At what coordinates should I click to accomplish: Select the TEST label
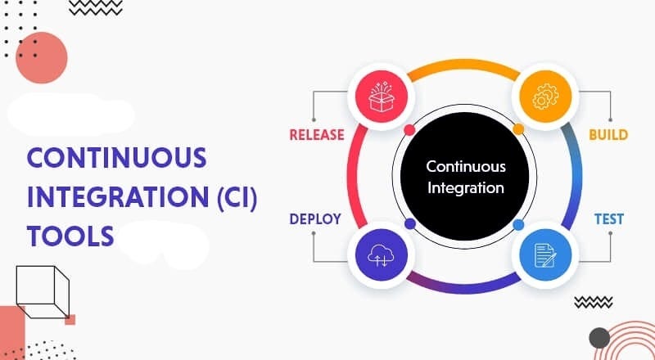(608, 219)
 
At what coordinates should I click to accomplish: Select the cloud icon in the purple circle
(382, 255)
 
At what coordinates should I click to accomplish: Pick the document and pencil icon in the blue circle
(540, 255)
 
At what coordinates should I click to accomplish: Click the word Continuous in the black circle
(466, 166)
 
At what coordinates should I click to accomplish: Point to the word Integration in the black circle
(466, 187)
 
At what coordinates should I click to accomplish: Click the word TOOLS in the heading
(70, 235)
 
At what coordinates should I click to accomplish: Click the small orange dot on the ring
(517, 129)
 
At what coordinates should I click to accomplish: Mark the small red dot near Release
(409, 129)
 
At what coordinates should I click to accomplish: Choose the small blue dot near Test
(517, 224)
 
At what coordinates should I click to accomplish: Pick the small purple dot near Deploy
(409, 224)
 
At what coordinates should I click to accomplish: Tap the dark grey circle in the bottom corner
(599, 337)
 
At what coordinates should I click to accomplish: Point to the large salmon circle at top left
(41, 59)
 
